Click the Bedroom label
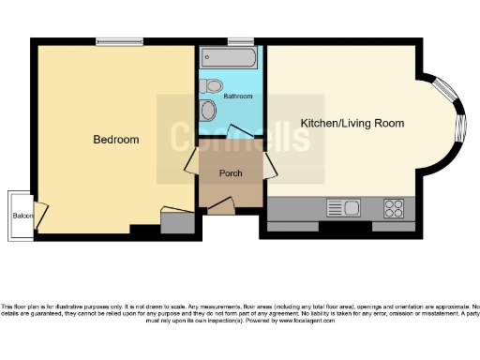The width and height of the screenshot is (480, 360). (x=116, y=140)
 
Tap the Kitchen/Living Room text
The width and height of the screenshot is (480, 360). (x=352, y=123)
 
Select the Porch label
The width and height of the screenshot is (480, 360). (x=231, y=173)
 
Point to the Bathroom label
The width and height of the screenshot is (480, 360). (x=237, y=97)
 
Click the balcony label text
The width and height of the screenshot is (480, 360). (x=22, y=216)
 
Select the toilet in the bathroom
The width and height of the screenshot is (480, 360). (x=211, y=85)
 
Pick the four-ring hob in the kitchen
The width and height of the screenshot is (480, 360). (x=395, y=207)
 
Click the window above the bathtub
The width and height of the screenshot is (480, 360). (x=240, y=42)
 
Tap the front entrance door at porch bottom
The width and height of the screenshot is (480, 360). (x=219, y=206)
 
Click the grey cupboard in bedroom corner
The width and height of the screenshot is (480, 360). (x=173, y=223)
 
